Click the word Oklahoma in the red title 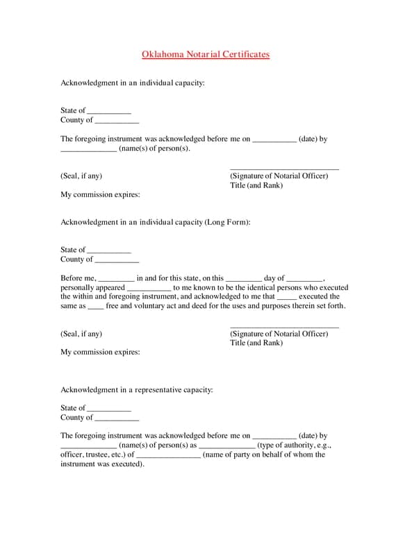pos(160,53)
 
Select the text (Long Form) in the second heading pos(226,222)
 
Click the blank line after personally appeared pos(149,287)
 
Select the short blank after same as pos(96,306)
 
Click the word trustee pos(97,455)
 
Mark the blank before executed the pos(286,297)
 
